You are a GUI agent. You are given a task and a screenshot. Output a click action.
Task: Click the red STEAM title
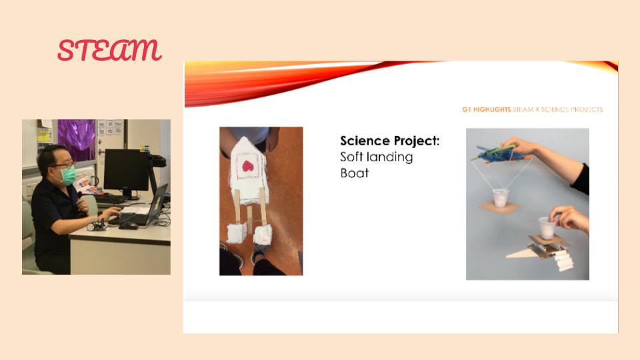pyautogui.click(x=109, y=50)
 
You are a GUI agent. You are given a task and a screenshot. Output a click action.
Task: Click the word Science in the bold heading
pyautogui.click(x=365, y=141)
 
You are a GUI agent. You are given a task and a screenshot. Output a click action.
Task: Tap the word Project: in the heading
pyautogui.click(x=416, y=141)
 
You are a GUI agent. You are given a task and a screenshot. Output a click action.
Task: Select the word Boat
pyautogui.click(x=354, y=173)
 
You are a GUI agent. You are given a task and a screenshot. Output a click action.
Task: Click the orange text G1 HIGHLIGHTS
pyautogui.click(x=486, y=109)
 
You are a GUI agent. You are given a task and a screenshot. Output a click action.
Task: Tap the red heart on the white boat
pyautogui.click(x=248, y=166)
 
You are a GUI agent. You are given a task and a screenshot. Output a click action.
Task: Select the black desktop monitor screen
pyautogui.click(x=126, y=170)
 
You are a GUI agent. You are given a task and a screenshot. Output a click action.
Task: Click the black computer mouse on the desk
pyautogui.click(x=128, y=226)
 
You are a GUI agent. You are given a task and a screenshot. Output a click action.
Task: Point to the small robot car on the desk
pyautogui.click(x=96, y=225)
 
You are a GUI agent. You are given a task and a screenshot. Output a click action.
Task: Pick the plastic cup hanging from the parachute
pyautogui.click(x=501, y=197)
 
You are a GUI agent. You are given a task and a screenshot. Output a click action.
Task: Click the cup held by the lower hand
pyautogui.click(x=547, y=228)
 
